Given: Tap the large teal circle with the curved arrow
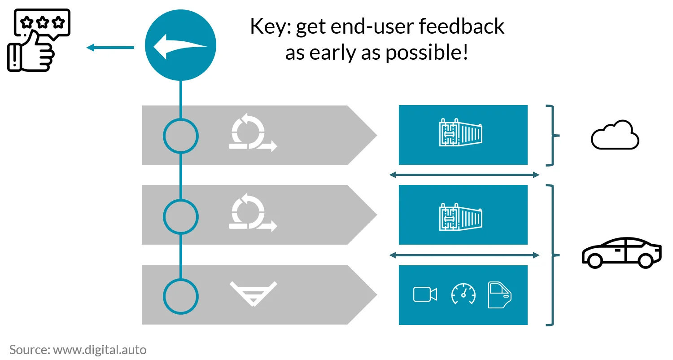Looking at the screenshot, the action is [x=180, y=45].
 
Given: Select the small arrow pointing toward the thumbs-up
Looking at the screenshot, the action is [x=110, y=48].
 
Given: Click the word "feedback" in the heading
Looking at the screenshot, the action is [x=462, y=26].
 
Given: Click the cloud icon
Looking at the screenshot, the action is [x=615, y=135].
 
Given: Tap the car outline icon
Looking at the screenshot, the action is [x=621, y=252].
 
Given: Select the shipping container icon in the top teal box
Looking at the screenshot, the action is [x=461, y=132].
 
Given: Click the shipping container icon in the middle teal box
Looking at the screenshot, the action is [x=461, y=217].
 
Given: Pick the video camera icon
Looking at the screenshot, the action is [x=425, y=294].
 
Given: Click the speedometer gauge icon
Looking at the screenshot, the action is [x=463, y=294].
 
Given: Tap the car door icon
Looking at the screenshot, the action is [x=499, y=295].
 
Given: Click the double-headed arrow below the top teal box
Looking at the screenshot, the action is [x=464, y=175].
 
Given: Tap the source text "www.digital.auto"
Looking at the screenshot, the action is [x=100, y=350].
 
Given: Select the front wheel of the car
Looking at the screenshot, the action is [x=594, y=260].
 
